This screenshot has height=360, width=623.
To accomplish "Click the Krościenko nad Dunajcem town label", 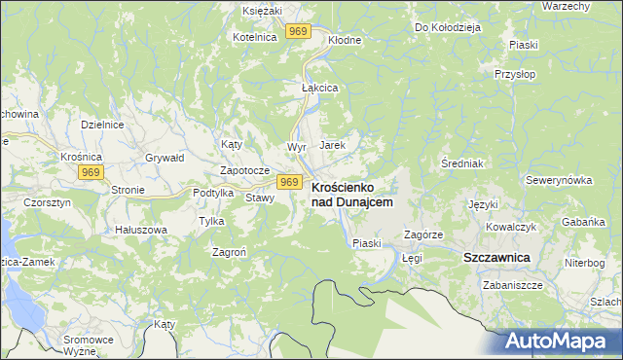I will click(351, 194).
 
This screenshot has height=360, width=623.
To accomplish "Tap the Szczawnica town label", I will click(495, 257).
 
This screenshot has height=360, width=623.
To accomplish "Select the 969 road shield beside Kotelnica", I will click(298, 32).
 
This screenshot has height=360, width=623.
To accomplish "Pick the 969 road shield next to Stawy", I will click(288, 182).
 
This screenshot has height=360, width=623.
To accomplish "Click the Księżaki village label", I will click(262, 9).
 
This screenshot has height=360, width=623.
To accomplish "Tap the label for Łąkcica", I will click(318, 88).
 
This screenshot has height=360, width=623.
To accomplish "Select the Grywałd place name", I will click(165, 157).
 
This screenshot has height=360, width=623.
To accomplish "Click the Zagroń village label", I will click(230, 251).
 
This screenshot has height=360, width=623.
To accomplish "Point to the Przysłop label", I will click(515, 73).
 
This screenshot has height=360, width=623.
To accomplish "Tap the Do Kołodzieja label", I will click(449, 27).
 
